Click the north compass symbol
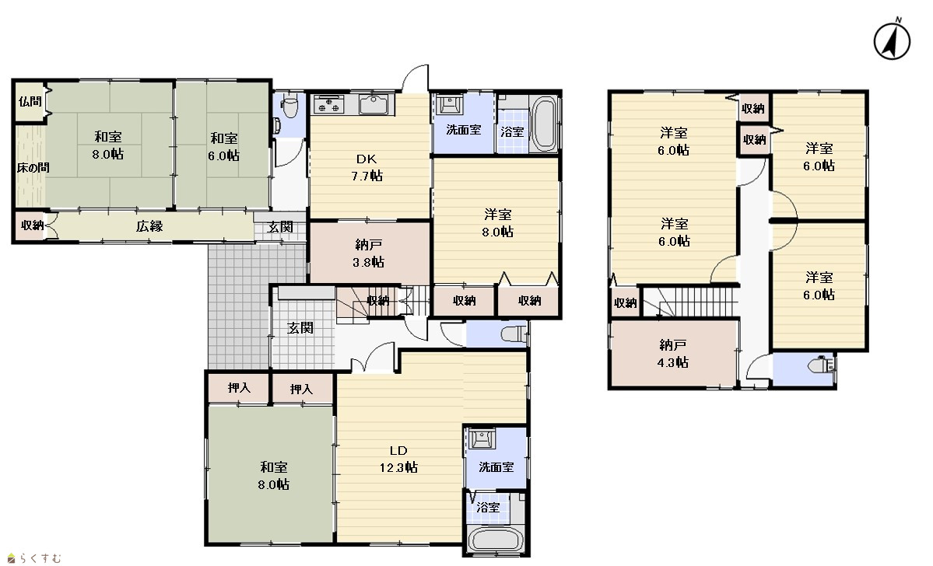click(x=892, y=40)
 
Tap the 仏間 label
click(x=30, y=102)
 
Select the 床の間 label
click(x=33, y=168)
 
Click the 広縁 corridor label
click(x=149, y=226)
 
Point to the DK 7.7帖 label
click(x=367, y=168)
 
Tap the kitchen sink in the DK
click(x=373, y=104)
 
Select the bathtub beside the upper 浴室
click(x=544, y=124)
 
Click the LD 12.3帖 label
click(x=398, y=459)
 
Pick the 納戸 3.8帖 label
click(x=369, y=253)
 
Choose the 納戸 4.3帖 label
click(x=673, y=354)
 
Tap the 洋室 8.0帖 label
click(x=497, y=223)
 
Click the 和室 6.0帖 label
click(x=224, y=147)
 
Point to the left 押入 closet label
click(x=239, y=388)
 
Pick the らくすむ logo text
click(x=34, y=558)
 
